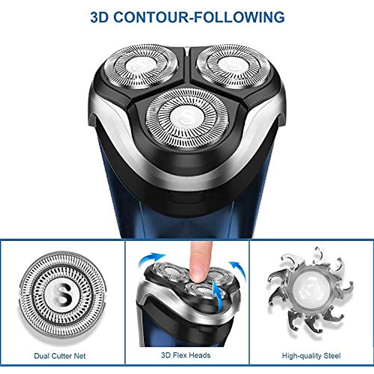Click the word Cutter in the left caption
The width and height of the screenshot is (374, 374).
click(60, 356)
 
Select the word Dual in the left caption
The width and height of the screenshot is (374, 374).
click(42, 356)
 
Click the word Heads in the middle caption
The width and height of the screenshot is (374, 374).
click(200, 355)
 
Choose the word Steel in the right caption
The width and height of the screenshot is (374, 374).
click(330, 356)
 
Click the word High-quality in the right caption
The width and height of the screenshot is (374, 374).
click(300, 356)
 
